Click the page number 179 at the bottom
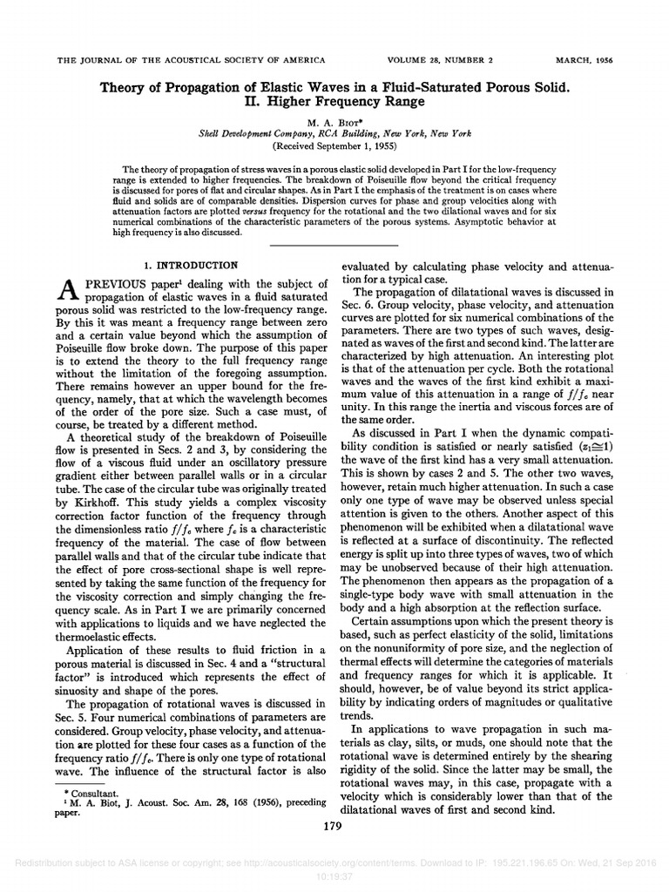(x=334, y=827)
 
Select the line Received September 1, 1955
(x=334, y=145)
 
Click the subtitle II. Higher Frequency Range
(x=334, y=102)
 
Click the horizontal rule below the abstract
(x=334, y=247)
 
